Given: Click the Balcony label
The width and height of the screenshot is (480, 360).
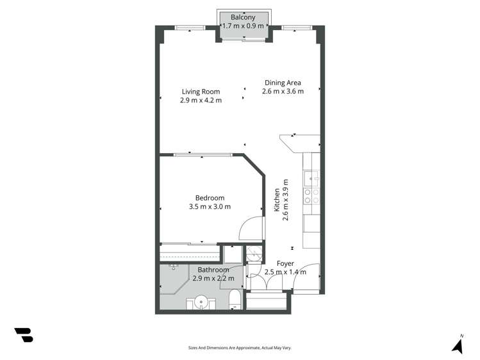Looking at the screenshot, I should (243, 17).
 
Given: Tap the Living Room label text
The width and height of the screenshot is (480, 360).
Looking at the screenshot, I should (201, 92).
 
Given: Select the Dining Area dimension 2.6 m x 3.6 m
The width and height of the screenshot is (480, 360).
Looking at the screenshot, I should (283, 91).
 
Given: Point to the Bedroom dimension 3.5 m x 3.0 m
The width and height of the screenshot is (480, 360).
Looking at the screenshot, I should (210, 207).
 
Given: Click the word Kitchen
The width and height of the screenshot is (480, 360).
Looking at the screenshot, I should (277, 200).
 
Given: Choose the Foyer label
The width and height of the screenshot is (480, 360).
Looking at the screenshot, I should (285, 263).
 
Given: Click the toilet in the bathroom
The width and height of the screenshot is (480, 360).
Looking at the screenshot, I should (234, 299).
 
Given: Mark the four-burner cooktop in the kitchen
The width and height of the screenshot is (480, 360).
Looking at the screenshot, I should (311, 196).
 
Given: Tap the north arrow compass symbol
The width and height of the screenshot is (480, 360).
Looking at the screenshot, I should (458, 345).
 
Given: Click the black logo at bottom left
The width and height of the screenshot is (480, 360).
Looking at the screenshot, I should (24, 334).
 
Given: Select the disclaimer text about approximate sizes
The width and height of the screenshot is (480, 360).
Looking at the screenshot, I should (239, 348).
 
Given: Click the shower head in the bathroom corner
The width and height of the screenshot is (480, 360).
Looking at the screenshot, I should (173, 266).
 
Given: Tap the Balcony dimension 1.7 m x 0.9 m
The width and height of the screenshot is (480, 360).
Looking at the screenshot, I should (243, 26).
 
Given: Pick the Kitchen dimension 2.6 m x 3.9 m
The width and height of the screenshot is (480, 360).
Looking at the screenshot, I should (286, 200).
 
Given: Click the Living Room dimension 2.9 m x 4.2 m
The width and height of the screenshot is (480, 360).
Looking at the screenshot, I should (201, 101).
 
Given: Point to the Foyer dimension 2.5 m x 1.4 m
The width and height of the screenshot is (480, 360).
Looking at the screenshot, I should (285, 272).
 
